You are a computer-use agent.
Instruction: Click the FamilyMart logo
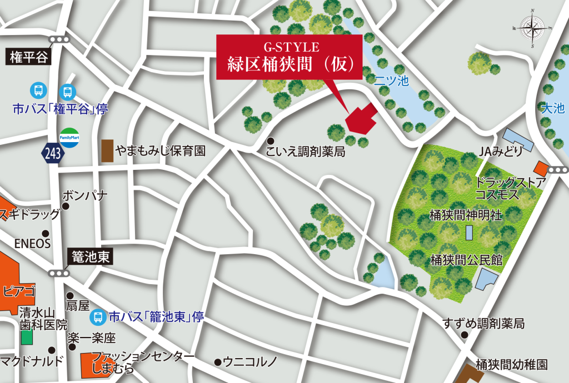coord(69,138)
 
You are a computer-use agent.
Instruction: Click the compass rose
coord(532,27)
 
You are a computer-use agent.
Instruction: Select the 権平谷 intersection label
coord(28,56)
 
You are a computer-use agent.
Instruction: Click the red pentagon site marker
coord(361,119)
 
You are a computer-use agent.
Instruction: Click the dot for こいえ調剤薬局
coord(271,141)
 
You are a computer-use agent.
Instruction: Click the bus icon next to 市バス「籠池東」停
coord(97,318)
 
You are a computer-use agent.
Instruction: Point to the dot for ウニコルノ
coord(217,362)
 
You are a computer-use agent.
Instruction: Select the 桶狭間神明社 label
coord(465,215)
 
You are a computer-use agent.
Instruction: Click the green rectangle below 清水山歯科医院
coord(26,336)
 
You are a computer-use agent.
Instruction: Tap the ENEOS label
coord(32,243)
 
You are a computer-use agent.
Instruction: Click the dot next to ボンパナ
coord(66,206)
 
